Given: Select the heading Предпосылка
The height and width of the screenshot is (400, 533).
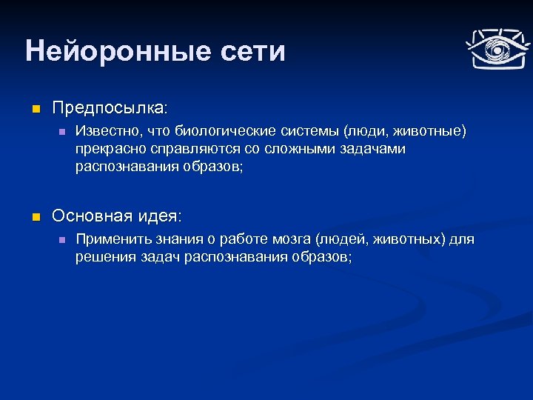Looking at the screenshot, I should (x=110, y=108).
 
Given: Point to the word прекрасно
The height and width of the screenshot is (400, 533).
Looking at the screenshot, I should (x=106, y=149).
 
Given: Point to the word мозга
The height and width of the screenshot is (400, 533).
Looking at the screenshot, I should (x=290, y=240).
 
